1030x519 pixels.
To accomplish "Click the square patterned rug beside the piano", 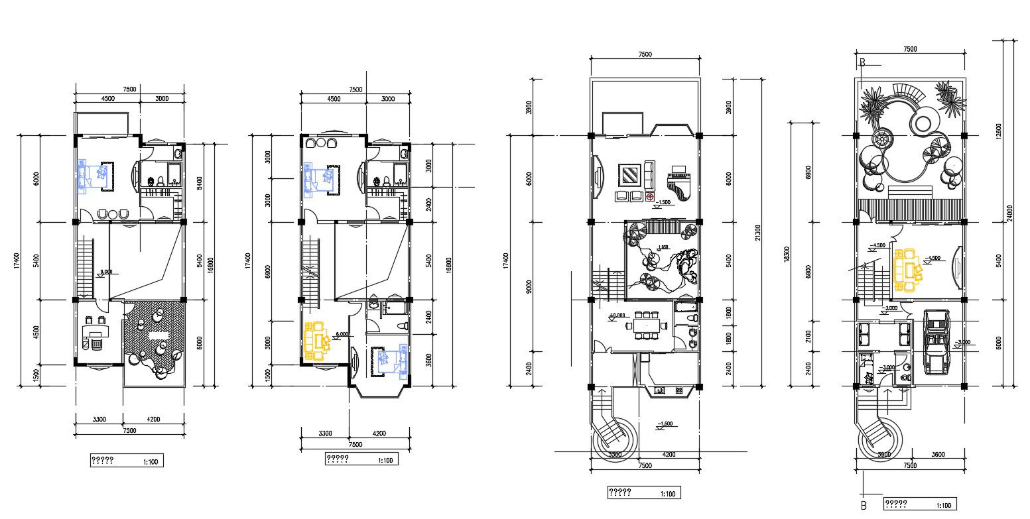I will [x=629, y=176].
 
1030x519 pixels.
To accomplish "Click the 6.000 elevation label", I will [x=342, y=335].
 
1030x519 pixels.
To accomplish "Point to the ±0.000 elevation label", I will [x=617, y=316].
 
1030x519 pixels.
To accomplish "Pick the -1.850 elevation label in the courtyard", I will [x=661, y=247].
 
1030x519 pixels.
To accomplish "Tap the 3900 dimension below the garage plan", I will [x=883, y=455].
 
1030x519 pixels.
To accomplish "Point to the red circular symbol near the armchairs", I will [x=650, y=197].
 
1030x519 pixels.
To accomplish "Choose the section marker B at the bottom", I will [x=863, y=506].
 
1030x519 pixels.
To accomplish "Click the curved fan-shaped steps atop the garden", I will [x=906, y=91].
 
